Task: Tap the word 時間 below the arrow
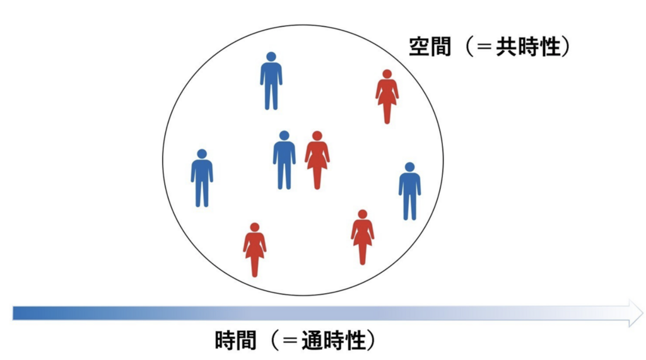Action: (x=236, y=341)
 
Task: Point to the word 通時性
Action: (x=334, y=341)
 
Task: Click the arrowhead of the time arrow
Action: (x=636, y=313)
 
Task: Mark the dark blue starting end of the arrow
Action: (x=14, y=313)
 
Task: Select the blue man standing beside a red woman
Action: (x=284, y=160)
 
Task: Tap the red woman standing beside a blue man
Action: (x=317, y=160)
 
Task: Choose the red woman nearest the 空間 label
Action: (x=387, y=97)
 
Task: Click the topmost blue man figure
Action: (x=271, y=81)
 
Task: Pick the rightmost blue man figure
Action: (x=409, y=191)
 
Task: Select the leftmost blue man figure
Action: (x=202, y=178)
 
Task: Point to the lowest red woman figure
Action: (x=255, y=250)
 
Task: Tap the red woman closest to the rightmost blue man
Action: (x=363, y=237)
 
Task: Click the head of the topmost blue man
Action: (x=271, y=57)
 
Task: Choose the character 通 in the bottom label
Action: (x=312, y=341)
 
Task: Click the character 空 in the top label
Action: (x=419, y=47)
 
